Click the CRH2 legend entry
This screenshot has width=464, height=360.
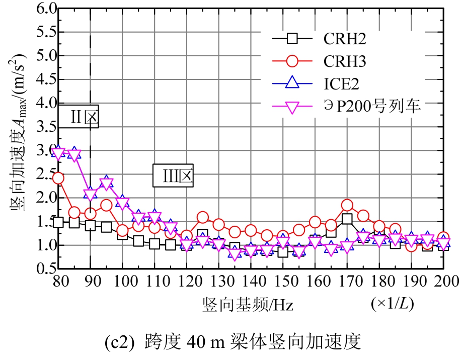[x=343, y=39]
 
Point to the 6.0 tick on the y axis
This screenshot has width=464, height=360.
[x=44, y=9]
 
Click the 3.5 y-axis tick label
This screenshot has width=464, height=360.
[x=44, y=127]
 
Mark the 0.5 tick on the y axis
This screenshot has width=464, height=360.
[x=44, y=269]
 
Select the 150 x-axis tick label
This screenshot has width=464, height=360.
[x=283, y=281]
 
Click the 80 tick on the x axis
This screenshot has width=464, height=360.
[x=58, y=281]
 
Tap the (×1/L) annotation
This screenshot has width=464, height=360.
[x=393, y=304]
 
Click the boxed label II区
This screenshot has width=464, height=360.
[x=82, y=117]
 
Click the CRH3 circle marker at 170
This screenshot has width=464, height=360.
[x=347, y=205]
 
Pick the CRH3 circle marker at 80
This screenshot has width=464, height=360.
[x=58, y=178]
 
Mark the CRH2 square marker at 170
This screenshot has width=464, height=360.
[x=347, y=219]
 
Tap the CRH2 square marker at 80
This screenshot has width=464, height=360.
[x=58, y=222]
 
